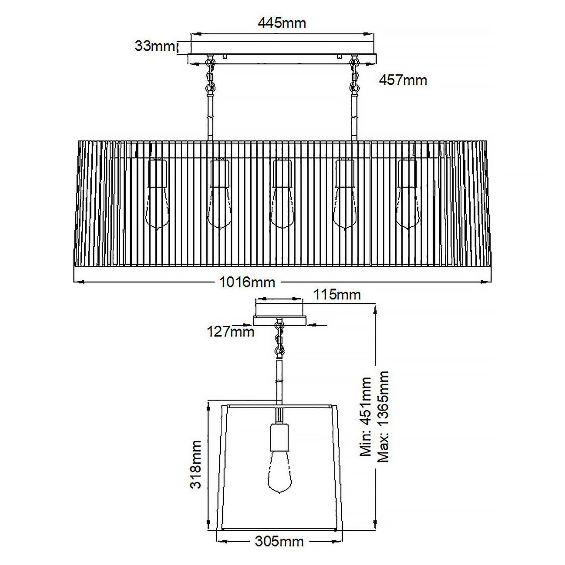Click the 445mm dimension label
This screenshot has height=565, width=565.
tap(282, 23)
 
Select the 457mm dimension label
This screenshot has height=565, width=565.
tap(403, 80)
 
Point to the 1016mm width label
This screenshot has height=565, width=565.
tap(247, 282)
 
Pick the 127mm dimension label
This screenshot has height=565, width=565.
tap(231, 331)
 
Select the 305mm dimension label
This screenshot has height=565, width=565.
tap(279, 542)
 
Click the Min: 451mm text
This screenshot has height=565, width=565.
tap(366, 416)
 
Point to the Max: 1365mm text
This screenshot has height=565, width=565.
tap(383, 416)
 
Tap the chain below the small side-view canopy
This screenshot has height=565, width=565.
tap(279, 337)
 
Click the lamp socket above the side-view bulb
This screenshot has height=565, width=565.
tap(279, 437)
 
